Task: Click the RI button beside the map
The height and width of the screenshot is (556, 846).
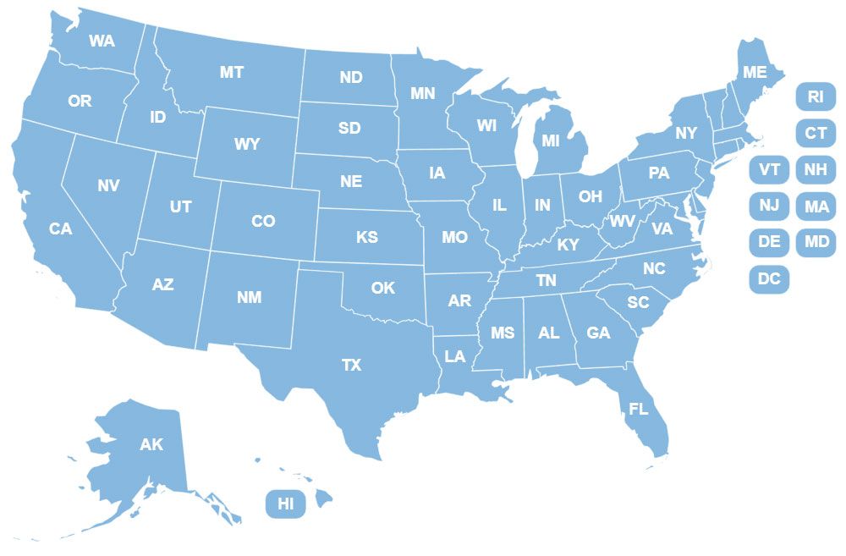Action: [816, 96]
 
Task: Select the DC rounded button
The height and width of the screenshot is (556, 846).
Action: [769, 278]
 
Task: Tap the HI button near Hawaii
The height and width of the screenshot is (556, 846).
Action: [286, 504]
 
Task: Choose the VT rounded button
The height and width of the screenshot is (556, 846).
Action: [769, 169]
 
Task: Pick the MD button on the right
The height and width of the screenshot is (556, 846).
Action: [816, 242]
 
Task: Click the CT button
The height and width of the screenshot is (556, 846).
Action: [816, 133]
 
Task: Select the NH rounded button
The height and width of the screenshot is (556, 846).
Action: [816, 169]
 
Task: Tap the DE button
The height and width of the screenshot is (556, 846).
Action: [769, 242]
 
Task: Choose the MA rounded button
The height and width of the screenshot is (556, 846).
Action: [816, 206]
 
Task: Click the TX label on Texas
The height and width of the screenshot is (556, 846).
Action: [351, 366]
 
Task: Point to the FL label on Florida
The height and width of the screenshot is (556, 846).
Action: [639, 409]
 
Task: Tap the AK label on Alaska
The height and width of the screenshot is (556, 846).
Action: [151, 444]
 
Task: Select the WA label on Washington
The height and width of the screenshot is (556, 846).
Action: [102, 41]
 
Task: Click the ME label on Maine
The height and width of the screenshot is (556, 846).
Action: [755, 73]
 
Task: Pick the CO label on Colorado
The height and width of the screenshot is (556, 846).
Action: [263, 221]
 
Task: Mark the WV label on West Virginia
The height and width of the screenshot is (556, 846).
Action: [622, 221]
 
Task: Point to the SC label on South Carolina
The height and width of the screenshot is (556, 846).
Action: [638, 302]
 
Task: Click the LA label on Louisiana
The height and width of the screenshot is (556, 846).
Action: [455, 356]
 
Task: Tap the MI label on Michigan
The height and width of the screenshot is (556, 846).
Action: [551, 140]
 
